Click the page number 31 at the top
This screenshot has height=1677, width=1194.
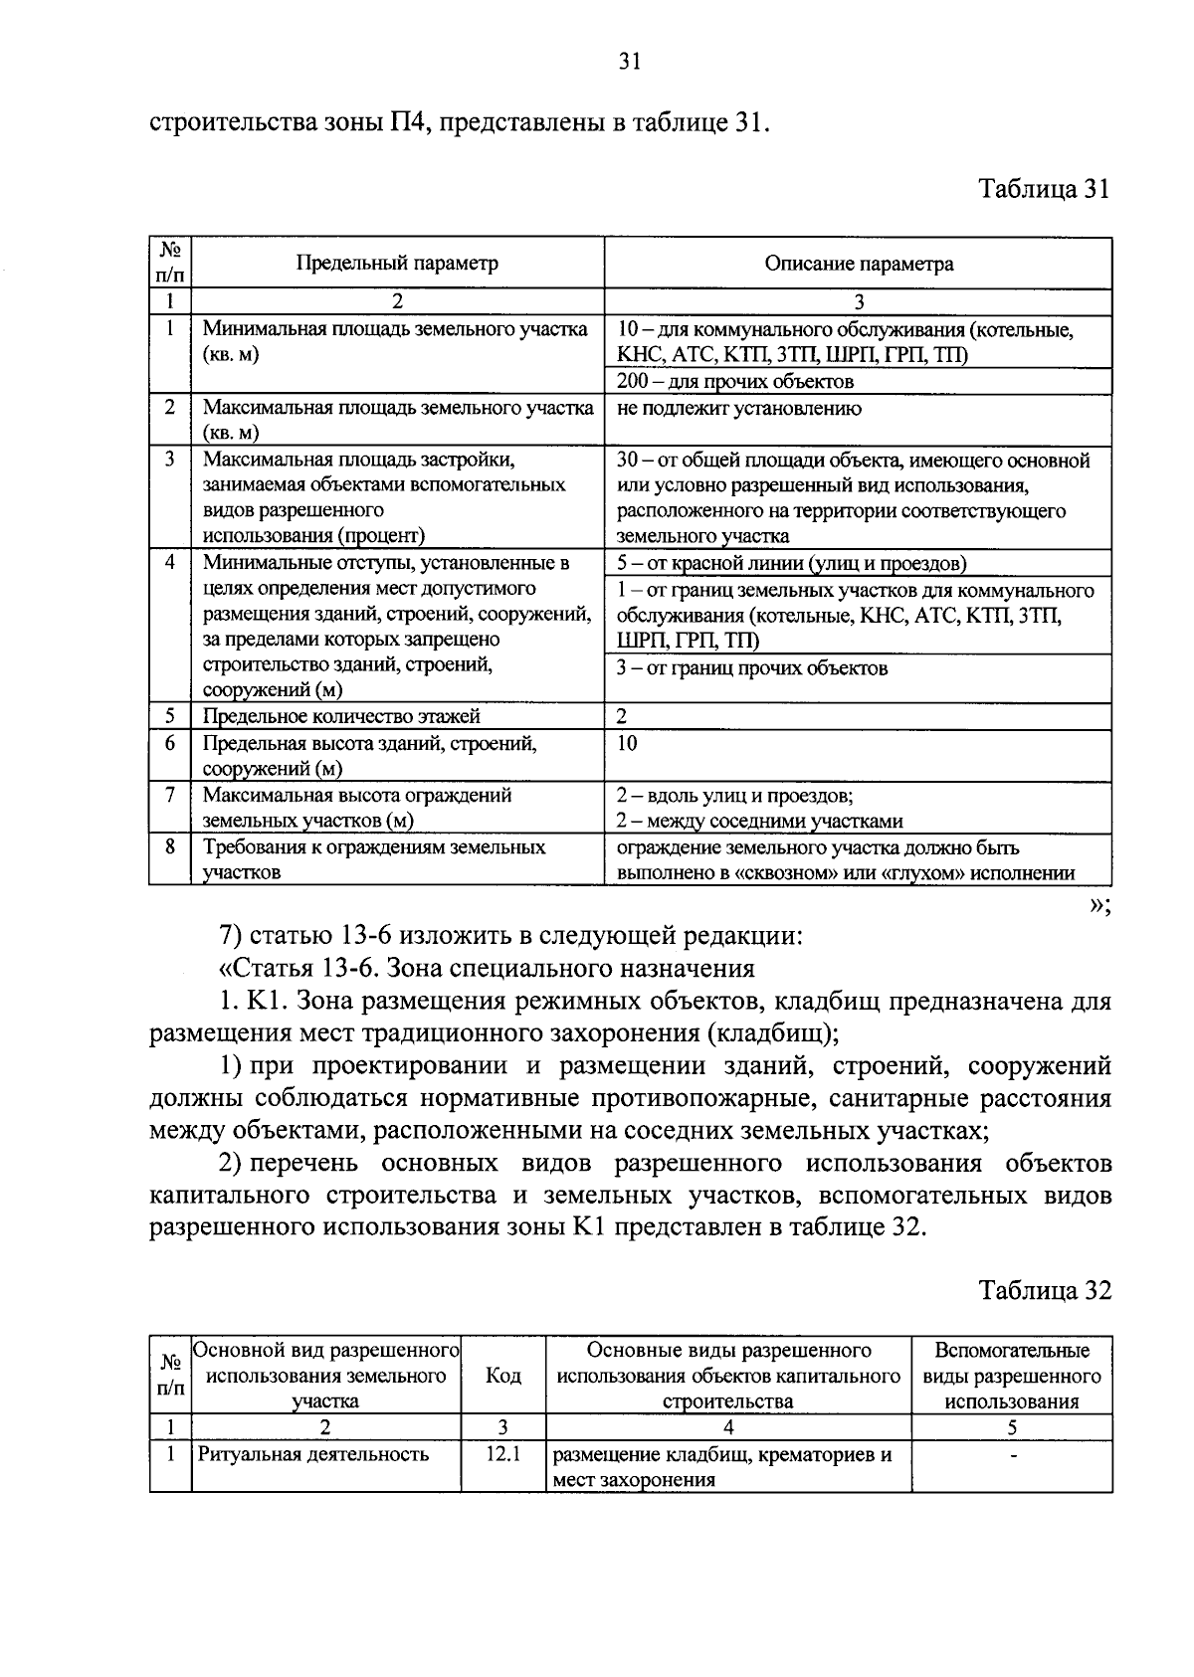tap(628, 63)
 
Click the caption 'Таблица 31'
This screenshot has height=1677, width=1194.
tap(1044, 189)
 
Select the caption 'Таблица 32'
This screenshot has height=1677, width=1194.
tap(1044, 1290)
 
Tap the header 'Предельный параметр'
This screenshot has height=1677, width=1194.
tap(397, 264)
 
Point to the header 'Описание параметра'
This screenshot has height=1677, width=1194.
tap(858, 264)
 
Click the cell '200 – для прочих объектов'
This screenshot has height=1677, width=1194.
tap(735, 382)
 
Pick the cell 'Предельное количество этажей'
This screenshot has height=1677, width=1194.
tap(341, 716)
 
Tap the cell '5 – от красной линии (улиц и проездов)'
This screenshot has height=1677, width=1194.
tap(791, 564)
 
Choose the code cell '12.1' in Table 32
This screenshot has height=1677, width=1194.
tap(502, 1454)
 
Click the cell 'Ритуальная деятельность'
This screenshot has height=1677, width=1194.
tap(313, 1454)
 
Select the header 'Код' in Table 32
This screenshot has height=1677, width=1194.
tap(502, 1376)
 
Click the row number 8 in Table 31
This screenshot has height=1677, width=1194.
tap(170, 846)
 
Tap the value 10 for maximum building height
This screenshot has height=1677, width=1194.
tap(627, 743)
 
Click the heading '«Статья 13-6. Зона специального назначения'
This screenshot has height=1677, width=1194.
tap(486, 968)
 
